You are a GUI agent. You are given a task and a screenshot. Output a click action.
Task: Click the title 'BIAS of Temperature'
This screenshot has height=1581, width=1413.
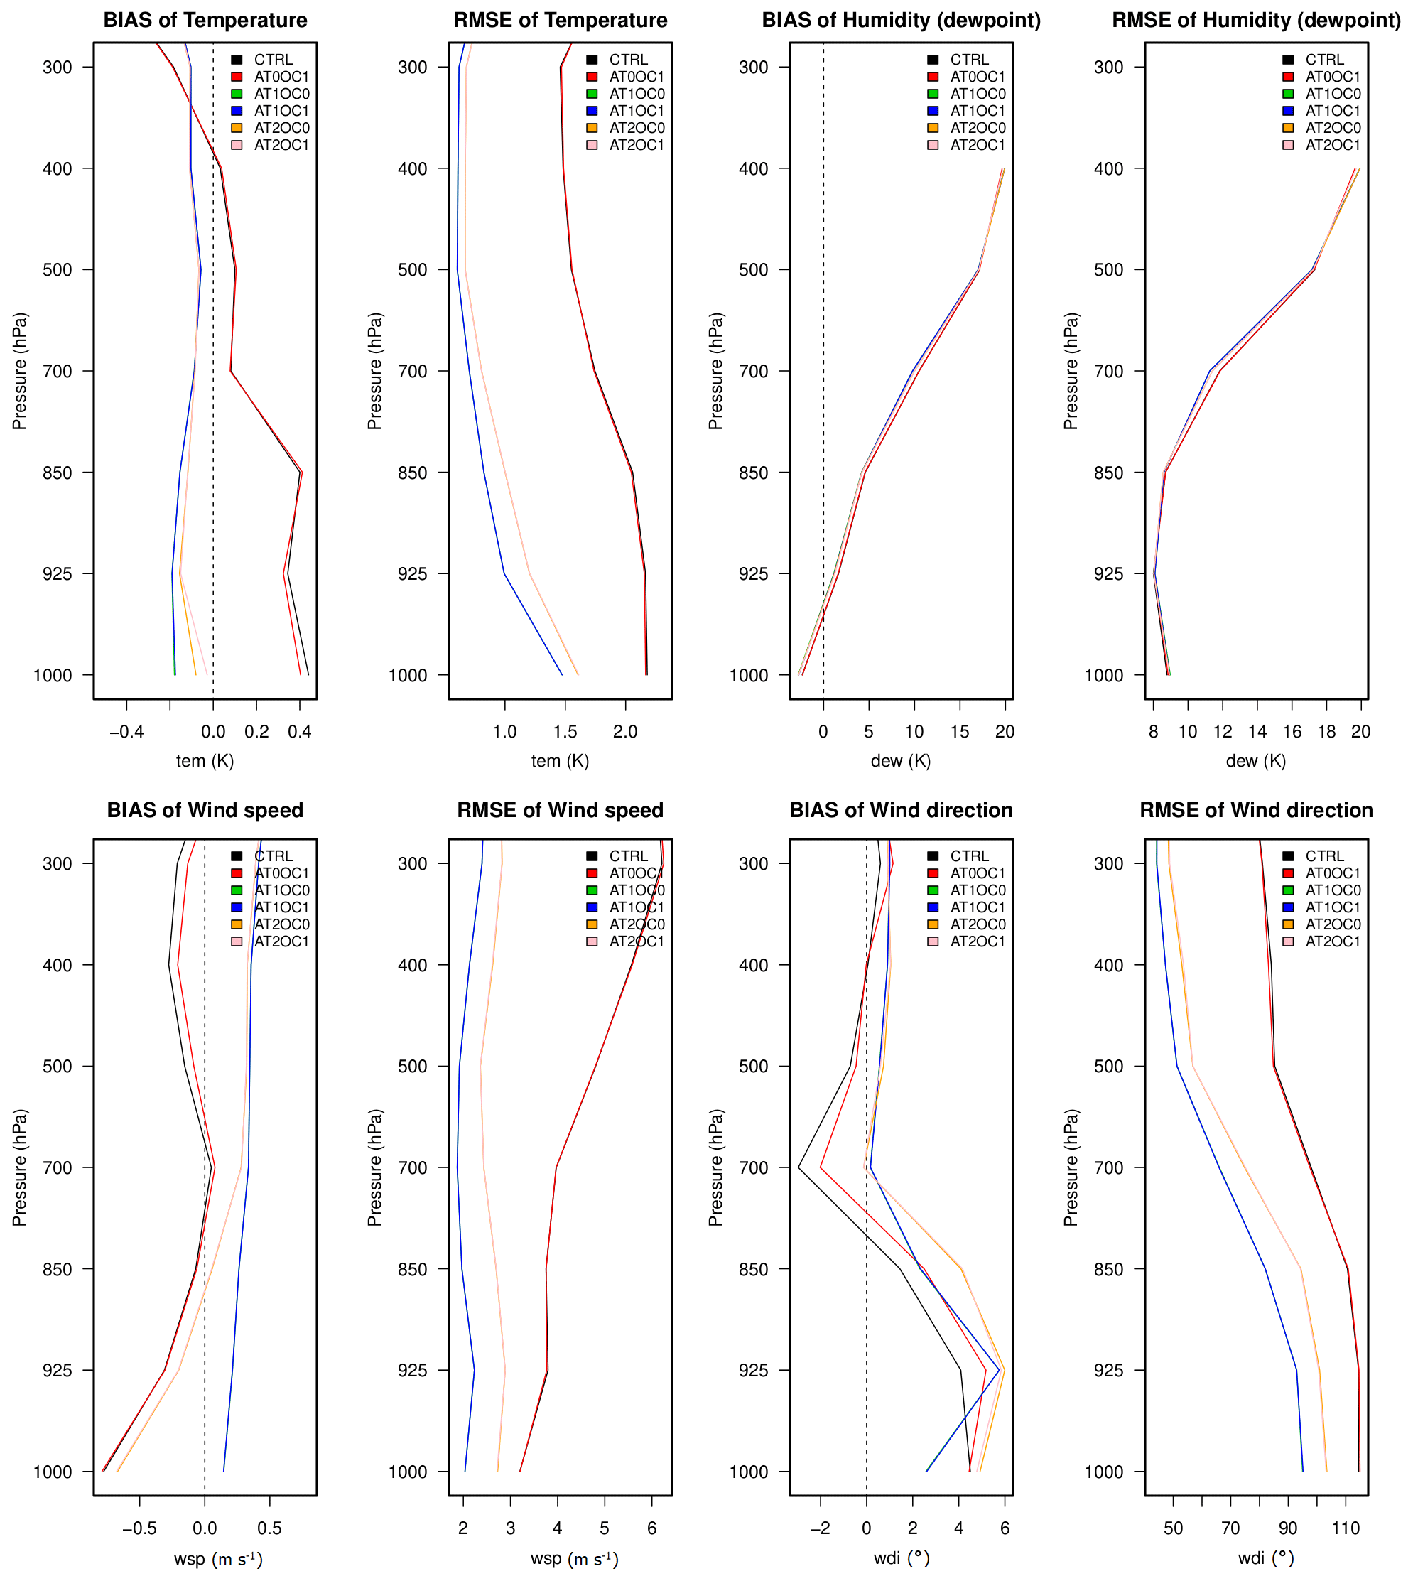(205, 20)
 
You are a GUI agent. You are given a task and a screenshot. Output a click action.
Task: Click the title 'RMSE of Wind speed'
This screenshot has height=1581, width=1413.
(560, 810)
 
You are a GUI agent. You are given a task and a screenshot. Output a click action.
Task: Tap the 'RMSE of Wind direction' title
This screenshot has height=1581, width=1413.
(1255, 810)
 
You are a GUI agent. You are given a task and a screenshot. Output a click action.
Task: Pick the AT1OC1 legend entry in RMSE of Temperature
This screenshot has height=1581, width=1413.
(636, 111)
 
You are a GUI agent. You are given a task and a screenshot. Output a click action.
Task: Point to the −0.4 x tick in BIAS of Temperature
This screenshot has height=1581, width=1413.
(126, 731)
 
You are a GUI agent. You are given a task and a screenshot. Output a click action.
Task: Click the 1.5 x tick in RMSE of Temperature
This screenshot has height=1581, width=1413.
(565, 731)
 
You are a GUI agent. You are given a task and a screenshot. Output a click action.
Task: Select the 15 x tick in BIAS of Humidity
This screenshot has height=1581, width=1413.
(960, 731)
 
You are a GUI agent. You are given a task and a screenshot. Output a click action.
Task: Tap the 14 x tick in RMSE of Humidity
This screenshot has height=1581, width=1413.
(1257, 731)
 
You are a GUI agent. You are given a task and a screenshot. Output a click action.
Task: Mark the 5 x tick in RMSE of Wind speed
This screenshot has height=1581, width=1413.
(605, 1528)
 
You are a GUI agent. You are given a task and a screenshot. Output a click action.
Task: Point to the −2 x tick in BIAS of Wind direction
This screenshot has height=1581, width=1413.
(820, 1528)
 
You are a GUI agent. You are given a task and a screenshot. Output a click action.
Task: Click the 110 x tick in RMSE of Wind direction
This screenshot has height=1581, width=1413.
(1346, 1528)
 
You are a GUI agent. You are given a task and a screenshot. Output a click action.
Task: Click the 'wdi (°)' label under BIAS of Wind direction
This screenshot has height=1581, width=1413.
(901, 1558)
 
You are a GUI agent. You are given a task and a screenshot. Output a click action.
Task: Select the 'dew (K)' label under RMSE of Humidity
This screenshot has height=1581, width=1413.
(1255, 761)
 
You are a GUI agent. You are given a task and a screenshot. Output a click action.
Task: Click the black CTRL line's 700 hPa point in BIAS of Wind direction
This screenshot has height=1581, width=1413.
(799, 1167)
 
